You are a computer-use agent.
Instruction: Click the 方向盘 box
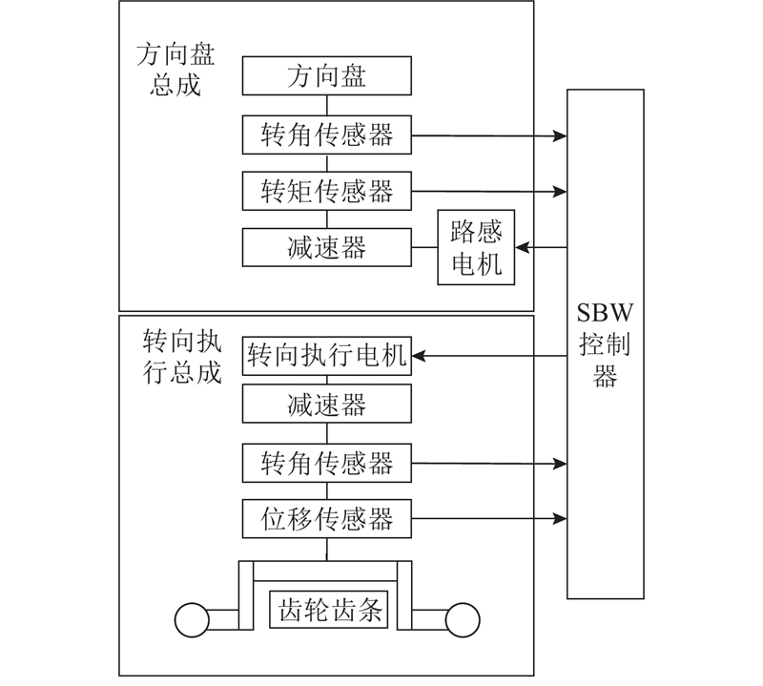click(326, 75)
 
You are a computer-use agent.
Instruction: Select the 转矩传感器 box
click(326, 191)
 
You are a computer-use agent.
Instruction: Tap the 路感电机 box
click(476, 247)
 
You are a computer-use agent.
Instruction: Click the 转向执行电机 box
click(326, 356)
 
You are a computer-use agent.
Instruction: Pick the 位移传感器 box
click(326, 519)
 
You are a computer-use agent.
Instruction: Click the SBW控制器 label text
click(605, 344)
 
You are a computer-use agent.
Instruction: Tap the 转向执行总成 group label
click(181, 356)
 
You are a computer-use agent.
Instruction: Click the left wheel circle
click(191, 619)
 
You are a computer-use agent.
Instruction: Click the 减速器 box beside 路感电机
click(326, 248)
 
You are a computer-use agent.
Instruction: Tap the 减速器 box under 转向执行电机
click(326, 405)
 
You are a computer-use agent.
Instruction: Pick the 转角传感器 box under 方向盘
click(326, 135)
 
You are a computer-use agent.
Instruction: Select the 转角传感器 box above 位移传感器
click(326, 464)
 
